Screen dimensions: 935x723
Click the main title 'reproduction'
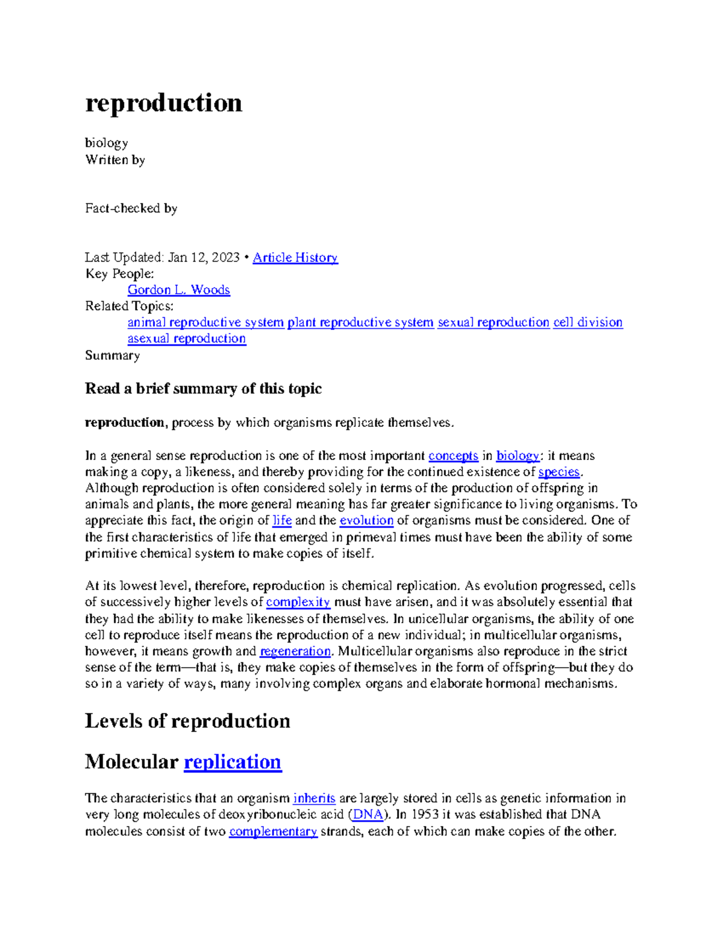point(163,103)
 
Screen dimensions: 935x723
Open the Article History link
point(295,258)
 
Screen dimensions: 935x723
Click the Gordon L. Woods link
point(178,290)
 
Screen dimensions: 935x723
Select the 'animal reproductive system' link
point(205,323)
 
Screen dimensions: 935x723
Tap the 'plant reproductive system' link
point(360,323)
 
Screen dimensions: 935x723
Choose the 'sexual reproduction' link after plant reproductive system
point(493,323)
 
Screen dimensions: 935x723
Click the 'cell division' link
point(587,323)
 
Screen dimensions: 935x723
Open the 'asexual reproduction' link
point(186,339)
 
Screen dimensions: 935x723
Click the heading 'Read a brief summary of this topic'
point(203,389)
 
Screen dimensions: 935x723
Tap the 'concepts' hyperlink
point(453,456)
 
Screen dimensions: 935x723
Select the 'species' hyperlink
point(559,472)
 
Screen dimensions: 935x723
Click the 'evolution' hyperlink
point(366,521)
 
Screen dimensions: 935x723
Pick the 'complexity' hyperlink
point(298,602)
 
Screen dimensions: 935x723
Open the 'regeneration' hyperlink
point(295,651)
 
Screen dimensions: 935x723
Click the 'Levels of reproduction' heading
point(187,721)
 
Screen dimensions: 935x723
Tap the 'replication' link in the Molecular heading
point(232,762)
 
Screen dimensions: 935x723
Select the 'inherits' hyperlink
point(314,798)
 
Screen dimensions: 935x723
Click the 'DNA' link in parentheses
point(368,815)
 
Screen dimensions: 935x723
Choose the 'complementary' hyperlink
point(273,831)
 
